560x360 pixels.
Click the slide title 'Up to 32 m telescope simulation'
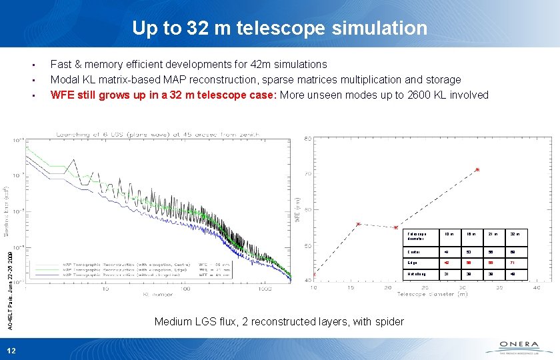279,27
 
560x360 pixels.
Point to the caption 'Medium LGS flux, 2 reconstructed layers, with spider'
279,321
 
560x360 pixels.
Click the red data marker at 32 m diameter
477,170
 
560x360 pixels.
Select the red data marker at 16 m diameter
358,224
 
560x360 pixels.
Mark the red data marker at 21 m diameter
396,227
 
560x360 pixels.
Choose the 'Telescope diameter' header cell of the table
418,235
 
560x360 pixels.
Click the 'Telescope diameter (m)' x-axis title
431,294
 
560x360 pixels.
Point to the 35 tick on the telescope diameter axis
501,287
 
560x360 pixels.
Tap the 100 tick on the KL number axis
186,288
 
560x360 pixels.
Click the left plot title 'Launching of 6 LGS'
153,134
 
